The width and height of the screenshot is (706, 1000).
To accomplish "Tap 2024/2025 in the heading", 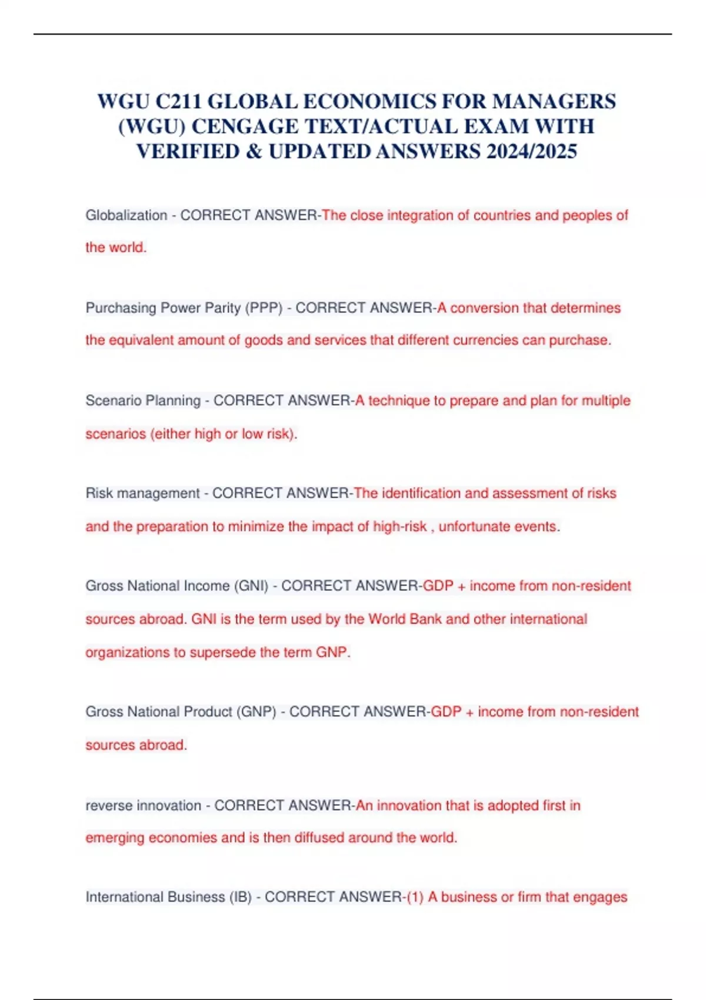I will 531,152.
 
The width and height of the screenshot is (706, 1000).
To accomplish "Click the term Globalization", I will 126,215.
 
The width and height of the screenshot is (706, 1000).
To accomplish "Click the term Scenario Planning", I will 143,401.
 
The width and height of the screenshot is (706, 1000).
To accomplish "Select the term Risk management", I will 142,493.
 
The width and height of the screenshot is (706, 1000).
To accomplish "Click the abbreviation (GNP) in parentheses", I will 256,712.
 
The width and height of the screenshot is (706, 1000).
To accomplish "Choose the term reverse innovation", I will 143,805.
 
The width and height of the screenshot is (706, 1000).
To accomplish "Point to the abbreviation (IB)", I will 241,897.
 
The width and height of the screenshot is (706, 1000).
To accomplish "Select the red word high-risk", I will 399,526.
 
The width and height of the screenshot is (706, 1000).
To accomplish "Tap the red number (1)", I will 415,897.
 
